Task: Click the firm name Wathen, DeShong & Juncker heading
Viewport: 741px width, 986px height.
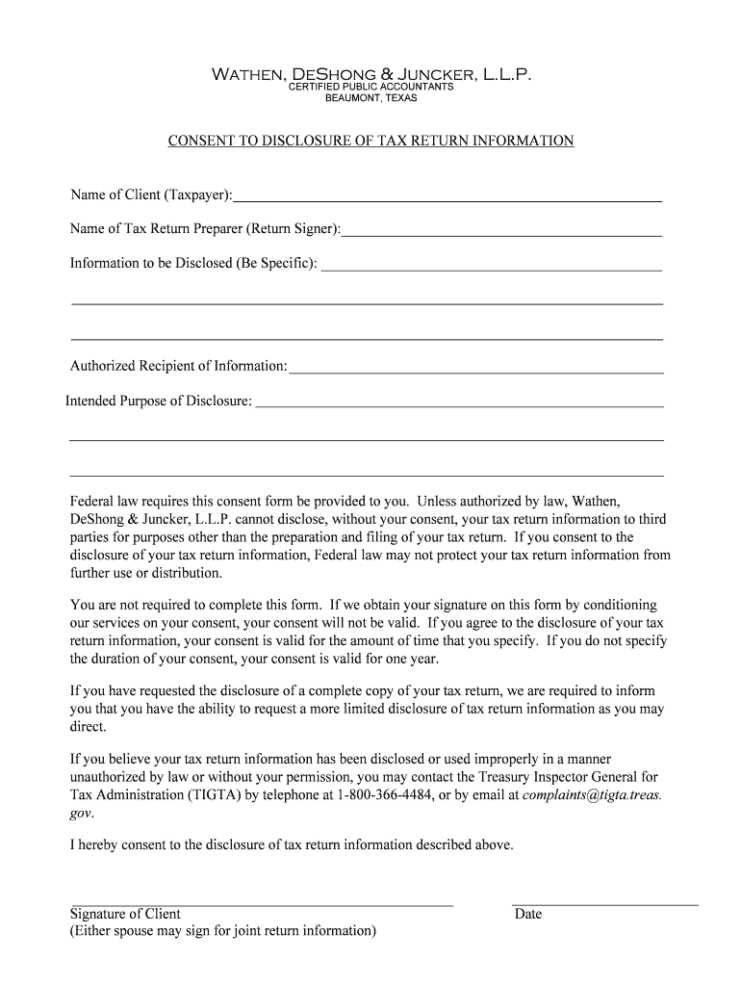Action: tap(370, 73)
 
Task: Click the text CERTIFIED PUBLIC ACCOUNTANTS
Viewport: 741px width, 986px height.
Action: tap(370, 88)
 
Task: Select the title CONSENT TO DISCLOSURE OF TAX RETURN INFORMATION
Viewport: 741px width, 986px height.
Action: tap(370, 142)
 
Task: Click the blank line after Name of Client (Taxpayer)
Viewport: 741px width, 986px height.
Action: tap(447, 198)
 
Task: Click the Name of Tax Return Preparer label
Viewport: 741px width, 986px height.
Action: tap(205, 229)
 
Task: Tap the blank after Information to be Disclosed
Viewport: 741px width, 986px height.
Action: tap(491, 267)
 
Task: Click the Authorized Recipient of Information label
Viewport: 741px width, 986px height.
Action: tap(178, 366)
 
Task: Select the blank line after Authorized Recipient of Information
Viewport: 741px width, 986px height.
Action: tap(476, 369)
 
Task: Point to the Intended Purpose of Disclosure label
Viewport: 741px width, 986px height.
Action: tap(159, 401)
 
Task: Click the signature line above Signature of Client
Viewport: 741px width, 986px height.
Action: tap(262, 905)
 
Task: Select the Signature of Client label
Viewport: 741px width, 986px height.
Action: tap(125, 914)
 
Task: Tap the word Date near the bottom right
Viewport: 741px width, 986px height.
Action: tap(528, 914)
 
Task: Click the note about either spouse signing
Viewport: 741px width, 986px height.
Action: tap(223, 931)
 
